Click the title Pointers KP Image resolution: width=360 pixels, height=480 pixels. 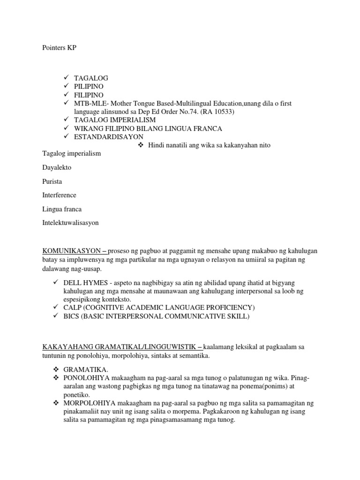(x=59, y=48)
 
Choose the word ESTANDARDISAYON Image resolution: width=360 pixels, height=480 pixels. (x=109, y=136)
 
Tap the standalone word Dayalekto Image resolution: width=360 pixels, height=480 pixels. (x=57, y=167)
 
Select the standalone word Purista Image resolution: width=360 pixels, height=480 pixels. (x=52, y=181)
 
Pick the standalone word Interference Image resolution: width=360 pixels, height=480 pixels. (x=59, y=195)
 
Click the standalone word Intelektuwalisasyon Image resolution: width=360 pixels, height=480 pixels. (x=70, y=223)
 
